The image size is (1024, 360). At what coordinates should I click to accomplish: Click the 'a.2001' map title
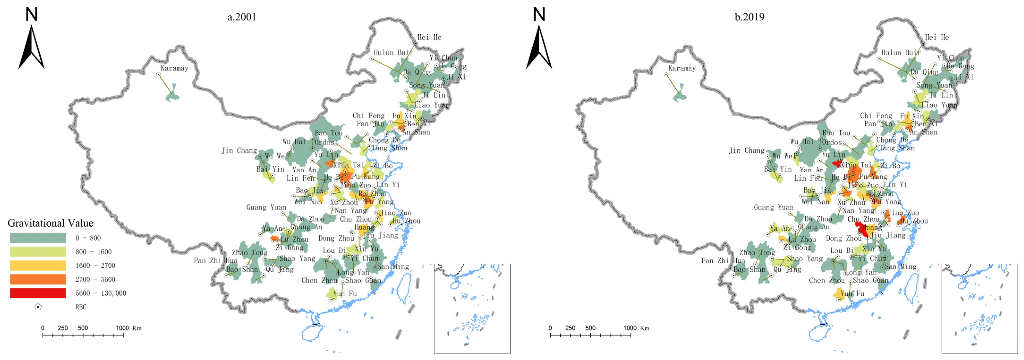pos(242,17)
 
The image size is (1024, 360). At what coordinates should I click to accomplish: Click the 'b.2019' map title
pos(749,17)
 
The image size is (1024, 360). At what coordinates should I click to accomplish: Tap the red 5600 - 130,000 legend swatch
pos(38,293)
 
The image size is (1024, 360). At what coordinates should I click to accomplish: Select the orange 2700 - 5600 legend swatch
pos(38,279)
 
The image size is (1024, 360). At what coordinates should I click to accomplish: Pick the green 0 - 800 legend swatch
pos(38,238)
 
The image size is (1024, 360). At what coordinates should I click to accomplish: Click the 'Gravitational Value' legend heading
pos(51,223)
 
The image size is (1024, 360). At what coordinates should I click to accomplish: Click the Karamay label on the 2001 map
pos(174,68)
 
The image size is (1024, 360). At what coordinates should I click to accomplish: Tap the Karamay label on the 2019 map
pos(682,68)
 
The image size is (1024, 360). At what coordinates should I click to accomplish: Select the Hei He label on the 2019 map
pos(937,37)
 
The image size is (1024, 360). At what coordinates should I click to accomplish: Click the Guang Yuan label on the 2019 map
pos(774,208)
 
